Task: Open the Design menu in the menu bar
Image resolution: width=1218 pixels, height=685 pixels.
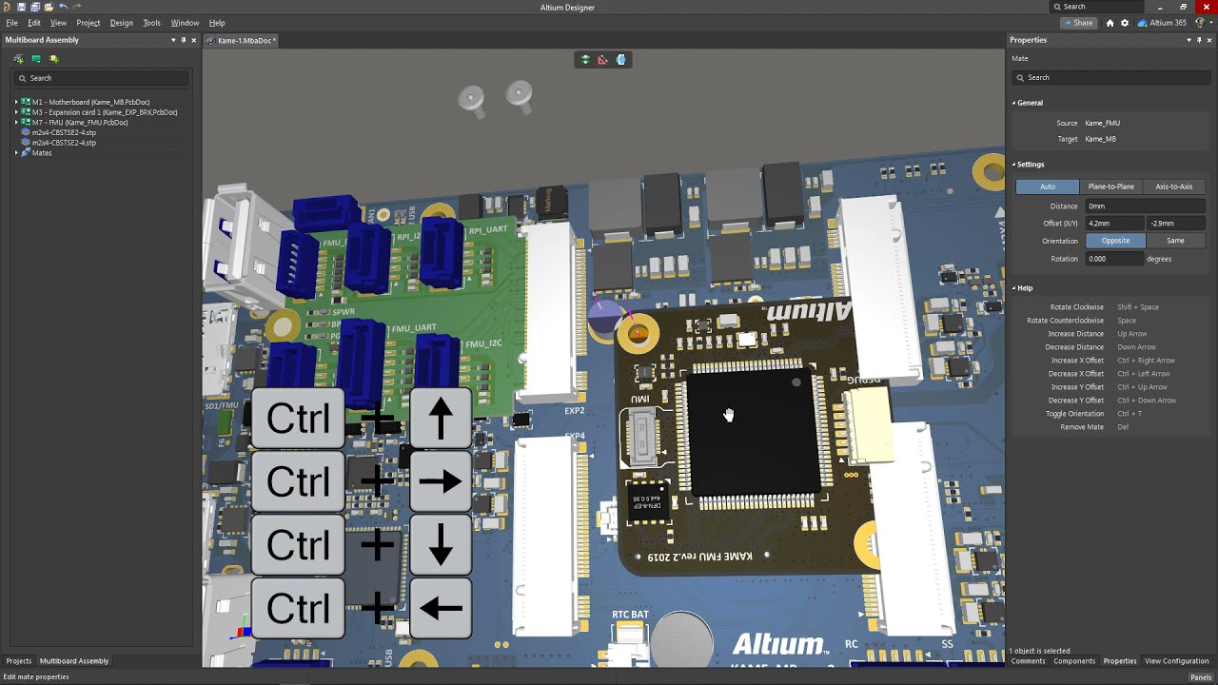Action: pos(121,23)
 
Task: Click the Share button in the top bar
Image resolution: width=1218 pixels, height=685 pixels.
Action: pos(1078,23)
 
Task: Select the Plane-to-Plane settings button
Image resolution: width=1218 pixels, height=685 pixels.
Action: pos(1110,186)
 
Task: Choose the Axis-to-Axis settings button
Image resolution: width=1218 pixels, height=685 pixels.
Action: pos(1173,186)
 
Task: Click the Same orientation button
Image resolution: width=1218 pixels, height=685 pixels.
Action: pos(1175,241)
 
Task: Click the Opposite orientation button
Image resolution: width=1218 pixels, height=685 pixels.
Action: pos(1115,241)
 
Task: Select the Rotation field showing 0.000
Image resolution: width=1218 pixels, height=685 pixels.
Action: pos(1114,259)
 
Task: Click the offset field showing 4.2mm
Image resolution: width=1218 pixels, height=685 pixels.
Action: pos(1114,224)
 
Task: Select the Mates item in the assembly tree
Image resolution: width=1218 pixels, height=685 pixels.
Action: pos(42,153)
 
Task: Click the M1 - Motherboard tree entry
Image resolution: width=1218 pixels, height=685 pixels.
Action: pos(90,102)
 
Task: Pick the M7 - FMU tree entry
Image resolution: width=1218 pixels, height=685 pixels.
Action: pos(80,123)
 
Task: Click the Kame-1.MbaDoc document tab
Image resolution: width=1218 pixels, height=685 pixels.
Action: pos(245,41)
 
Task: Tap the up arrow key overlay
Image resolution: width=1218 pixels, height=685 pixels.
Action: pos(441,419)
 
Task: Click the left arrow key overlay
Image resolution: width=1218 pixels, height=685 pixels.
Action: pos(441,608)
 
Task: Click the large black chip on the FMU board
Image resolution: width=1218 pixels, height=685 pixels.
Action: pos(752,433)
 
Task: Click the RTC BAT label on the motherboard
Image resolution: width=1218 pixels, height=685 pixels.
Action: pos(630,615)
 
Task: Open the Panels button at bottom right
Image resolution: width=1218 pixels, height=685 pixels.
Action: pos(1200,677)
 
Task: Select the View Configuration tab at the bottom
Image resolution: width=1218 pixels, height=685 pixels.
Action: pos(1176,661)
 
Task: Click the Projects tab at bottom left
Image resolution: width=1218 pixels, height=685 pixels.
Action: pos(19,661)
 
